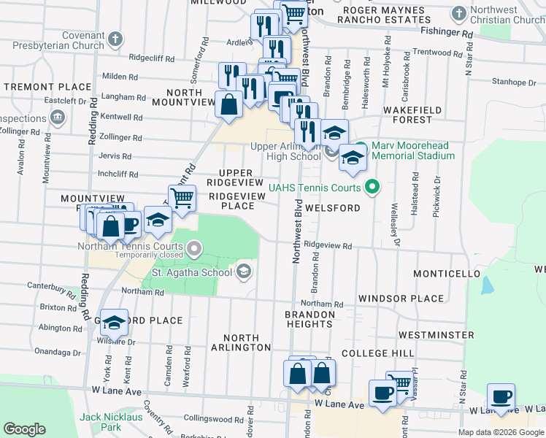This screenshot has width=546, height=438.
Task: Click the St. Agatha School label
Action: pyautogui.click(x=191, y=273)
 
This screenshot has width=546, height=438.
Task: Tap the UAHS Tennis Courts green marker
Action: pyautogui.click(x=372, y=188)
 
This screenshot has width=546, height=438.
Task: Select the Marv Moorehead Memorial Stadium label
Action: pyautogui.click(x=412, y=150)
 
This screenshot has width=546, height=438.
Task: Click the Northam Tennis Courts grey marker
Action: pyautogui.click(x=193, y=250)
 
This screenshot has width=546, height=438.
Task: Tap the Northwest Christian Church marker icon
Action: pyautogui.click(x=459, y=14)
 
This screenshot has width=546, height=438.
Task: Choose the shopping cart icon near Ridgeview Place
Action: pyautogui.click(x=182, y=198)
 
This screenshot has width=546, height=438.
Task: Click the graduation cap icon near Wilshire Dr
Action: pyautogui.click(x=114, y=322)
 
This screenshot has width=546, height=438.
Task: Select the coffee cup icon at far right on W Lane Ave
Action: pyautogui.click(x=501, y=397)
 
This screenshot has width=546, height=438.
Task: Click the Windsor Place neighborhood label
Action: pyautogui.click(x=401, y=299)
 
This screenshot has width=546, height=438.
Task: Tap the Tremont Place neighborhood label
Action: pyautogui.click(x=36, y=86)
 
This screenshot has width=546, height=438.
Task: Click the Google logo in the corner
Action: pyautogui.click(x=24, y=429)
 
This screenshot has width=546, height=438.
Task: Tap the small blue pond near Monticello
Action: pyautogui.click(x=487, y=285)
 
